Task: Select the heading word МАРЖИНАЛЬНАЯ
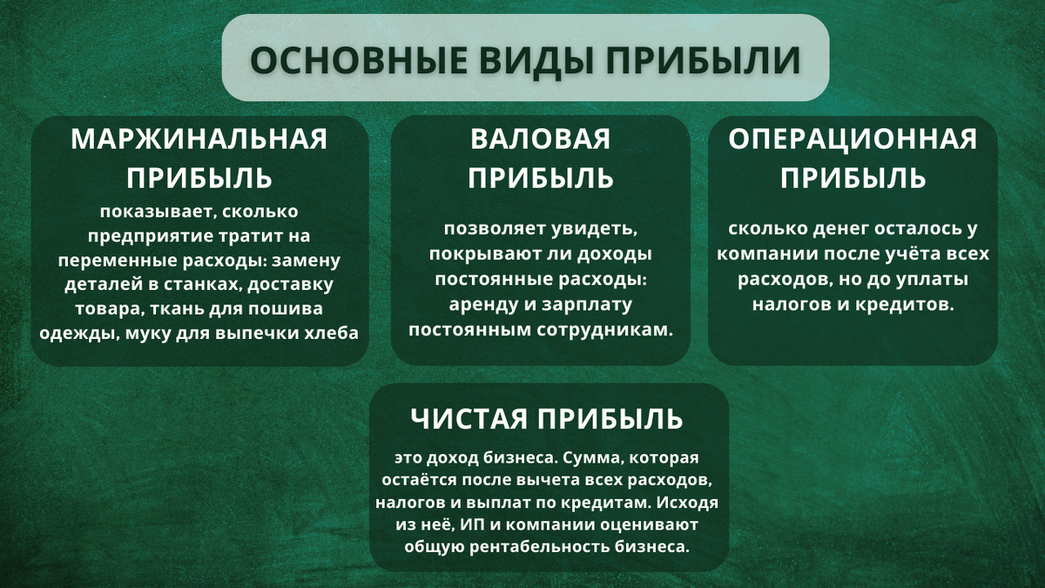(x=199, y=139)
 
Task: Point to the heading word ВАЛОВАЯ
(x=541, y=139)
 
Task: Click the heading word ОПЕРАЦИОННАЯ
(x=853, y=139)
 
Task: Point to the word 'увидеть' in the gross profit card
(x=596, y=231)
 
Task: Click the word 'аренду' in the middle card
(x=483, y=306)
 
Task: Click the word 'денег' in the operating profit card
(x=819, y=231)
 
